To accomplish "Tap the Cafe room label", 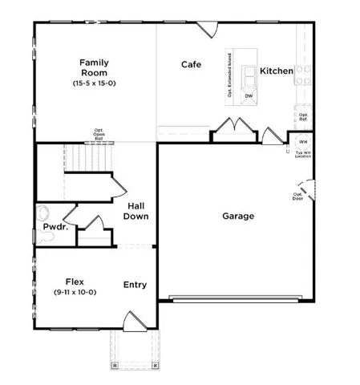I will pos(191,65).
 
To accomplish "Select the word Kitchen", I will pos(277,71).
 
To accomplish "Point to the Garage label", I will pos(238,217).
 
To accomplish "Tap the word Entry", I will pos(135,285).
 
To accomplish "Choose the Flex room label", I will pos(76,282).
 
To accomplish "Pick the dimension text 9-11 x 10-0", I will pos(76,293).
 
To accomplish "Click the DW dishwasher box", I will pos(249,95).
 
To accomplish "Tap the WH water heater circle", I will pos(303,141).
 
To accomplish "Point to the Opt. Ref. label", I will pos(304,117).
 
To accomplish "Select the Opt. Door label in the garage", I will pos(297,197).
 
